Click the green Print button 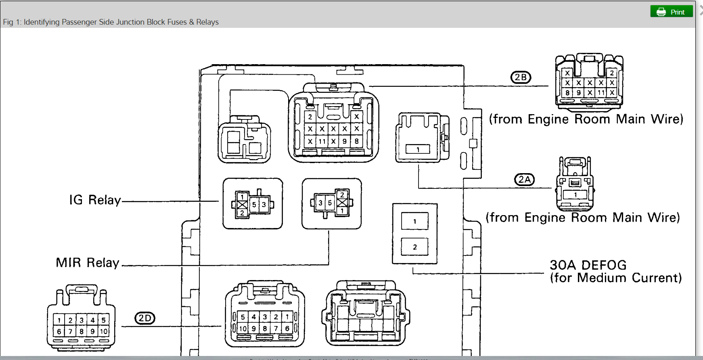point(671,12)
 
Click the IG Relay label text point(95,200)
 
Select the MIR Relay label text point(88,263)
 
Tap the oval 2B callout point(521,77)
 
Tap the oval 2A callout point(524,180)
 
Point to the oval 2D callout point(144,318)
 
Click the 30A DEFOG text point(588,265)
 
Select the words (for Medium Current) point(616,278)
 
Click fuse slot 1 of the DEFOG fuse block point(414,221)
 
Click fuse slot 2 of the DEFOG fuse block point(414,247)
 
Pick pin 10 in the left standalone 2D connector point(104,331)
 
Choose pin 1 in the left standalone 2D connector point(59,320)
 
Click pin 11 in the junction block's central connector point(322,142)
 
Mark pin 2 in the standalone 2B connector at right point(612,73)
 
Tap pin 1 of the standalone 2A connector point(575,195)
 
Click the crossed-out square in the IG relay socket point(242,205)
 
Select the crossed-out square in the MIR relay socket point(342,203)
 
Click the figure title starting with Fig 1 point(111,22)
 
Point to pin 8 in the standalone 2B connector point(567,93)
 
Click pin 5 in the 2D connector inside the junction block point(243,317)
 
